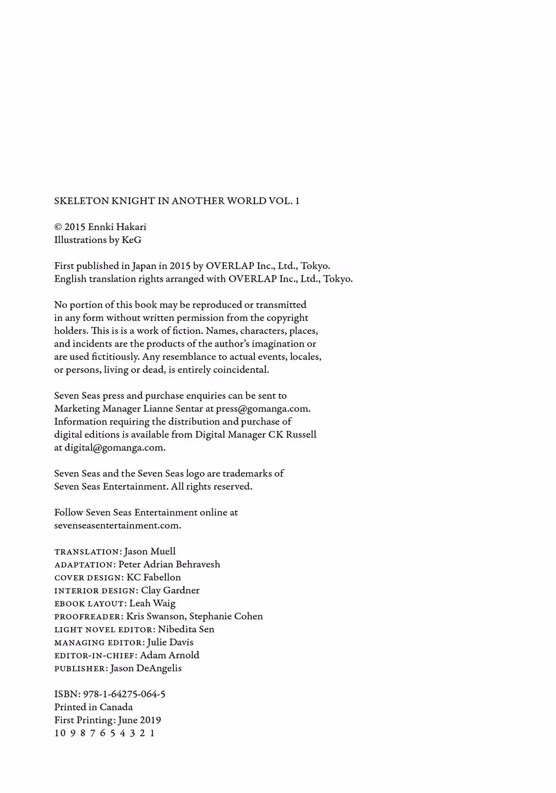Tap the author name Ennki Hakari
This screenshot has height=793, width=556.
coord(117,227)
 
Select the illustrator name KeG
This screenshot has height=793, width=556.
coord(131,239)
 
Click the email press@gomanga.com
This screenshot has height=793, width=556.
coord(263,408)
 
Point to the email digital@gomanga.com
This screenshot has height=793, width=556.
coord(114,447)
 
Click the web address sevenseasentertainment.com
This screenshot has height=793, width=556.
coord(117,525)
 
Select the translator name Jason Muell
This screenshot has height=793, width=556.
coord(150,551)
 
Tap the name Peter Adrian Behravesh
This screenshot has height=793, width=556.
coord(169,564)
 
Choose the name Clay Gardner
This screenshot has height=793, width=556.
coord(170,590)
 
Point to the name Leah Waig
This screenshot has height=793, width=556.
coord(152,603)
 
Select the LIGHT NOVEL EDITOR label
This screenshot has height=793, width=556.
coord(105,629)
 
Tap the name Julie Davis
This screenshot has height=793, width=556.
coord(170,642)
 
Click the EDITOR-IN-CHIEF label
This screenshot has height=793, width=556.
coord(95,656)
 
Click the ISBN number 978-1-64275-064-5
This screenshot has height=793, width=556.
coord(124,694)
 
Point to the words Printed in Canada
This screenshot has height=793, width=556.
coord(93,707)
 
